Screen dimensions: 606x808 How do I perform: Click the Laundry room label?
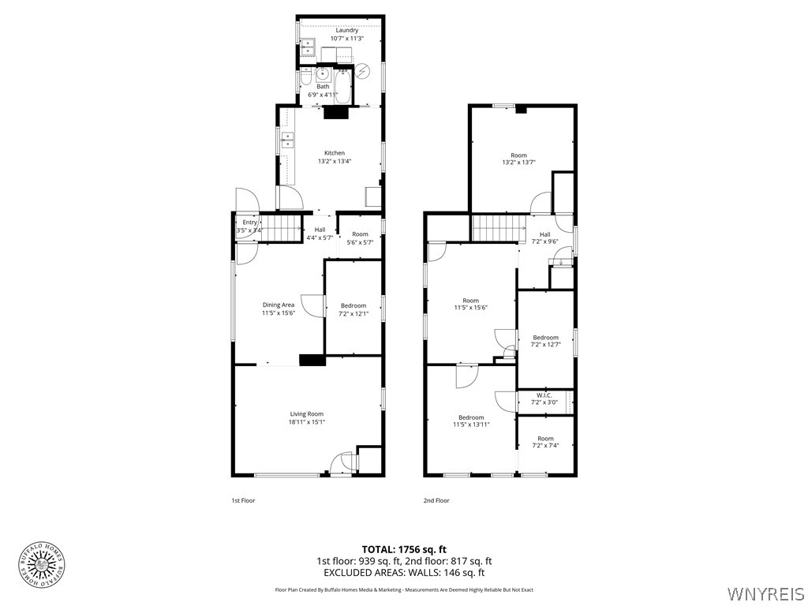[x=346, y=31]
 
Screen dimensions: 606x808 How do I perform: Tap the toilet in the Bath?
[x=305, y=80]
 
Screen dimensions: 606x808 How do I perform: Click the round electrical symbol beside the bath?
[x=362, y=72]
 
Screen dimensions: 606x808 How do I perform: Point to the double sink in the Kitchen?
[x=288, y=141]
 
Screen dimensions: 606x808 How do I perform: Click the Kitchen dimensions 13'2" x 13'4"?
[x=334, y=161]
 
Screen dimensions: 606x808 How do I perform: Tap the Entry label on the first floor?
[x=250, y=223]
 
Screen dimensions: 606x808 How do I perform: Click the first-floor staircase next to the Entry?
[x=282, y=223]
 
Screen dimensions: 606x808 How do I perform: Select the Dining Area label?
[x=278, y=305]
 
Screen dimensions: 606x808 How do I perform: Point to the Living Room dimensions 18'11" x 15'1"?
[x=306, y=422]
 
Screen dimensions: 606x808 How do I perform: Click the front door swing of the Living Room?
[x=340, y=463]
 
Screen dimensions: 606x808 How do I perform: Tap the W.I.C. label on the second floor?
[x=544, y=395]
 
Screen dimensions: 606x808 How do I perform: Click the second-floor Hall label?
[x=544, y=234]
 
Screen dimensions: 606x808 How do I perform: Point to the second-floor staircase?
[x=499, y=228]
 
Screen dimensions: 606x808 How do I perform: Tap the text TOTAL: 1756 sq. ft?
[x=404, y=549]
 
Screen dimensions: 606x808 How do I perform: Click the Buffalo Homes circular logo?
[x=42, y=565]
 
